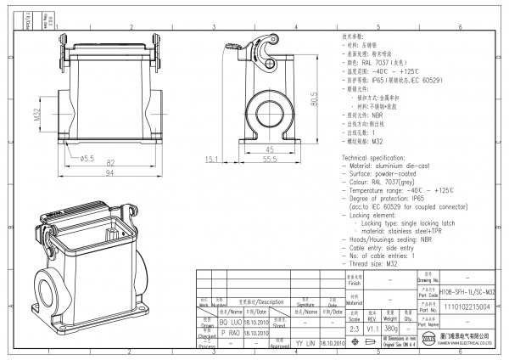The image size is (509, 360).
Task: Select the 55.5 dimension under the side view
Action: (270, 159)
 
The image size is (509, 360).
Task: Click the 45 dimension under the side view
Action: (270, 148)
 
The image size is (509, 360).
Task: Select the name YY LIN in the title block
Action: (304, 342)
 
